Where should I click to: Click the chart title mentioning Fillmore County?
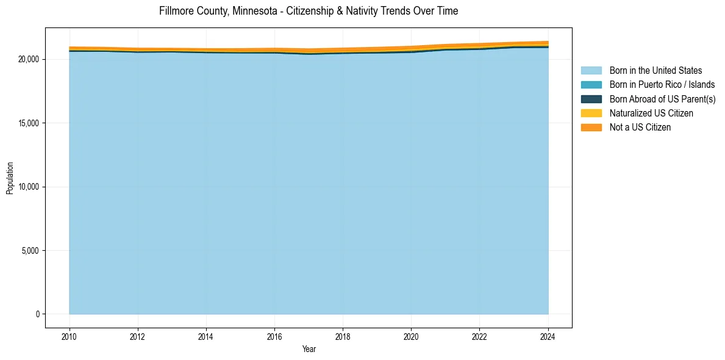(x=308, y=11)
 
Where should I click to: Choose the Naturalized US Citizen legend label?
(x=651, y=113)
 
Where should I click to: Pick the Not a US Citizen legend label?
(x=640, y=127)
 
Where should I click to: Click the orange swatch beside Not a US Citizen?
(x=591, y=127)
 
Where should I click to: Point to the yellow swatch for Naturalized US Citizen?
(x=591, y=113)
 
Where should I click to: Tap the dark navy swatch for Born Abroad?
(x=591, y=99)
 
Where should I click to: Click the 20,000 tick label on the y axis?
(x=29, y=59)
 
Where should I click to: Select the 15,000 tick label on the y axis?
(x=29, y=123)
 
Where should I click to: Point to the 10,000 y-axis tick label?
(x=29, y=187)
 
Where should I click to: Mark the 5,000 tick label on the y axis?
(x=31, y=251)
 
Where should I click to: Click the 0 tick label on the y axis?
(x=38, y=314)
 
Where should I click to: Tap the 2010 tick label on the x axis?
(x=70, y=336)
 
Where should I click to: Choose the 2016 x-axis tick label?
(x=274, y=336)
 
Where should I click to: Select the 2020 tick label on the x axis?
(x=411, y=336)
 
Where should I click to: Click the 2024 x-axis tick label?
(x=548, y=336)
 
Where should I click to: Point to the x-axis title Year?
(x=309, y=349)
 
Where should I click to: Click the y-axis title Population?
(x=10, y=178)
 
